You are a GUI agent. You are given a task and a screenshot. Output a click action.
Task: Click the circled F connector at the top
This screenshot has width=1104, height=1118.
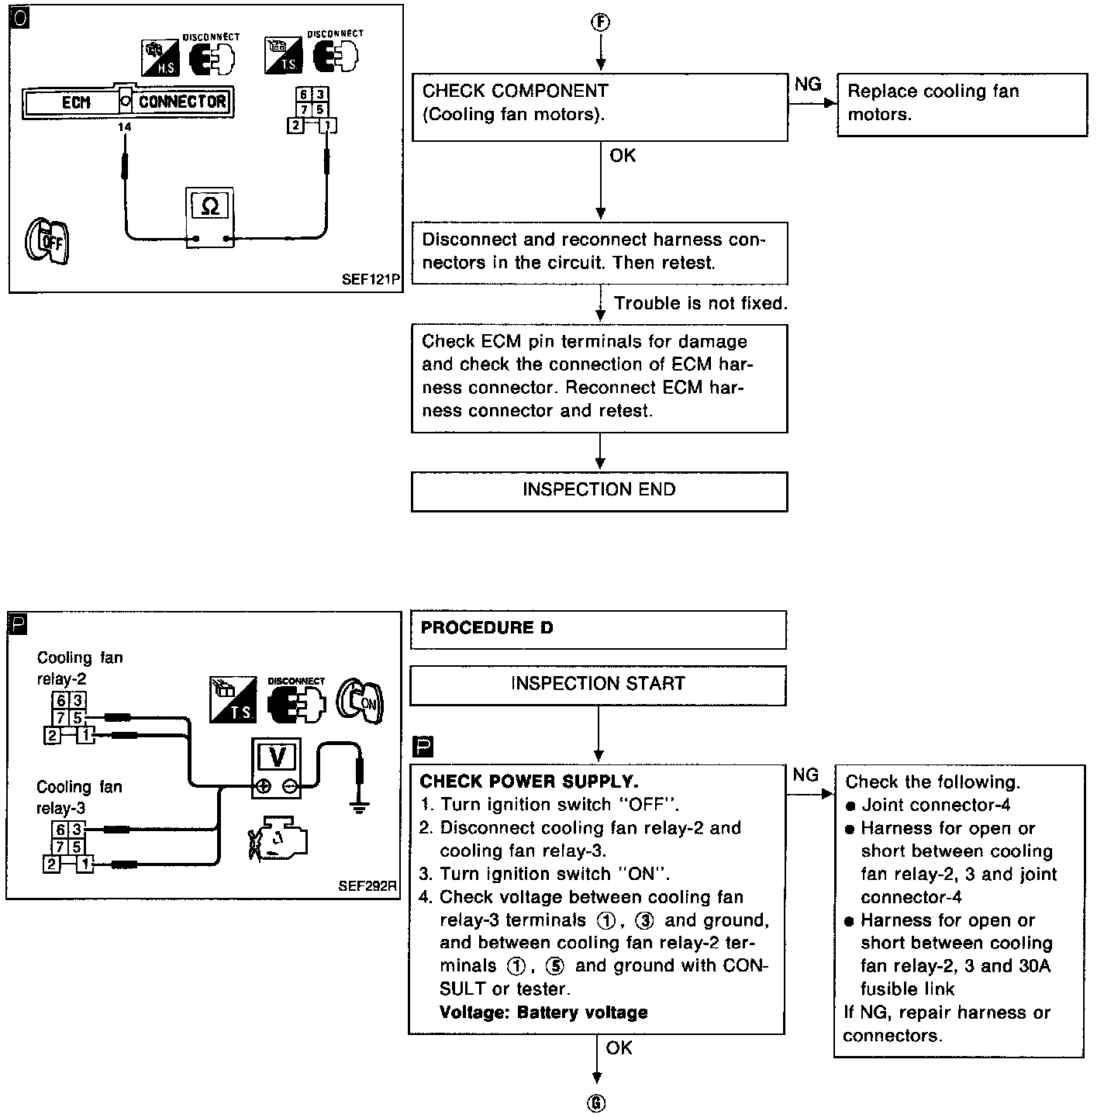coord(600,22)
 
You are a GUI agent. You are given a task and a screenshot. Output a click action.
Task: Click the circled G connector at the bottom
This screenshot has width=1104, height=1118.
coord(597,1104)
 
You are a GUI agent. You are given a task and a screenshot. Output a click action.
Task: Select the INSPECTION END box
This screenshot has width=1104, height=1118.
coord(599,491)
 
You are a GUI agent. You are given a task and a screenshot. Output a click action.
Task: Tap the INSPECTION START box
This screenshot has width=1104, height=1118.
coord(598,685)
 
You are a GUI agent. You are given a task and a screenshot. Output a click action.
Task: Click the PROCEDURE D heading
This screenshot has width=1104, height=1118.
coord(487,628)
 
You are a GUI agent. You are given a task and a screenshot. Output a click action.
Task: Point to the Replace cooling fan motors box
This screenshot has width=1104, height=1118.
coord(962,104)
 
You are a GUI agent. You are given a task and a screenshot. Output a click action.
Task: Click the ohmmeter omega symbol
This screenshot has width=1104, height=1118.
coord(210,205)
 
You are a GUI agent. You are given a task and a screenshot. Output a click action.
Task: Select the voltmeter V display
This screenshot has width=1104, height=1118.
coord(276,756)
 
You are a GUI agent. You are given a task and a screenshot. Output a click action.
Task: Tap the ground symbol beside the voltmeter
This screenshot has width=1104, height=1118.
coord(359,806)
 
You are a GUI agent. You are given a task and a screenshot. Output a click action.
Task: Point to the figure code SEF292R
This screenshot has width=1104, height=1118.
coord(367,886)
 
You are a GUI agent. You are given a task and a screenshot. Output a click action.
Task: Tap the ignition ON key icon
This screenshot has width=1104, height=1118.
coord(361,702)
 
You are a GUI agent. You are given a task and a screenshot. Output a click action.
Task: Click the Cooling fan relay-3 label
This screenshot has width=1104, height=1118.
coord(79,798)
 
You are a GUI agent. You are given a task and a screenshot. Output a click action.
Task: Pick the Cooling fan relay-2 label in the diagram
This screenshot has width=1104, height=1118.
coord(79,668)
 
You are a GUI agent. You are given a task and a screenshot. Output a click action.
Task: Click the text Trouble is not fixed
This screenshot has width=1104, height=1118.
coord(700,304)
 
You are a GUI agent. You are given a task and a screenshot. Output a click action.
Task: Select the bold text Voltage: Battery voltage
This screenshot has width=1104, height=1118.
coord(543,1013)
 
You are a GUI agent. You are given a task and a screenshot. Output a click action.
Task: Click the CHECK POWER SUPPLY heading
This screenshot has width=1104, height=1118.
coord(529,782)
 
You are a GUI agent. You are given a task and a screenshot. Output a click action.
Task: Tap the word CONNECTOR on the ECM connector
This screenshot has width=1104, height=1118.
coord(183,102)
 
